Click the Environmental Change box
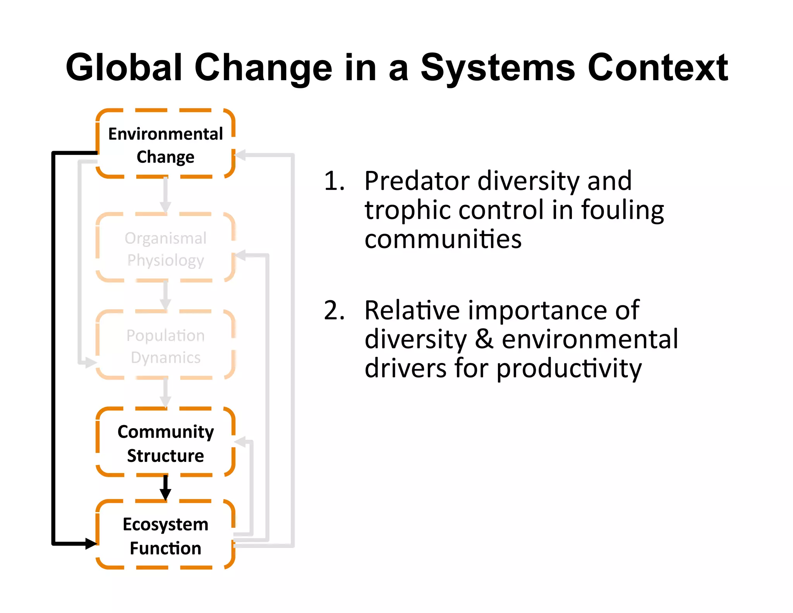click(165, 144)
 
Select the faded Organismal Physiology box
click(165, 248)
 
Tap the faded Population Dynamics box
click(165, 346)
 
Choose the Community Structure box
click(165, 443)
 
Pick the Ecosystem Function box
click(165, 536)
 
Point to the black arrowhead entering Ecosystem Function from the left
click(91, 543)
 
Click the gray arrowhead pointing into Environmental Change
click(240, 155)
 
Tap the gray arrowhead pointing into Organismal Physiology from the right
click(240, 255)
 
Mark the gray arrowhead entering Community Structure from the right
click(240, 442)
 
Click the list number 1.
click(334, 181)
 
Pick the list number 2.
click(334, 310)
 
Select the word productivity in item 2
click(569, 368)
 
